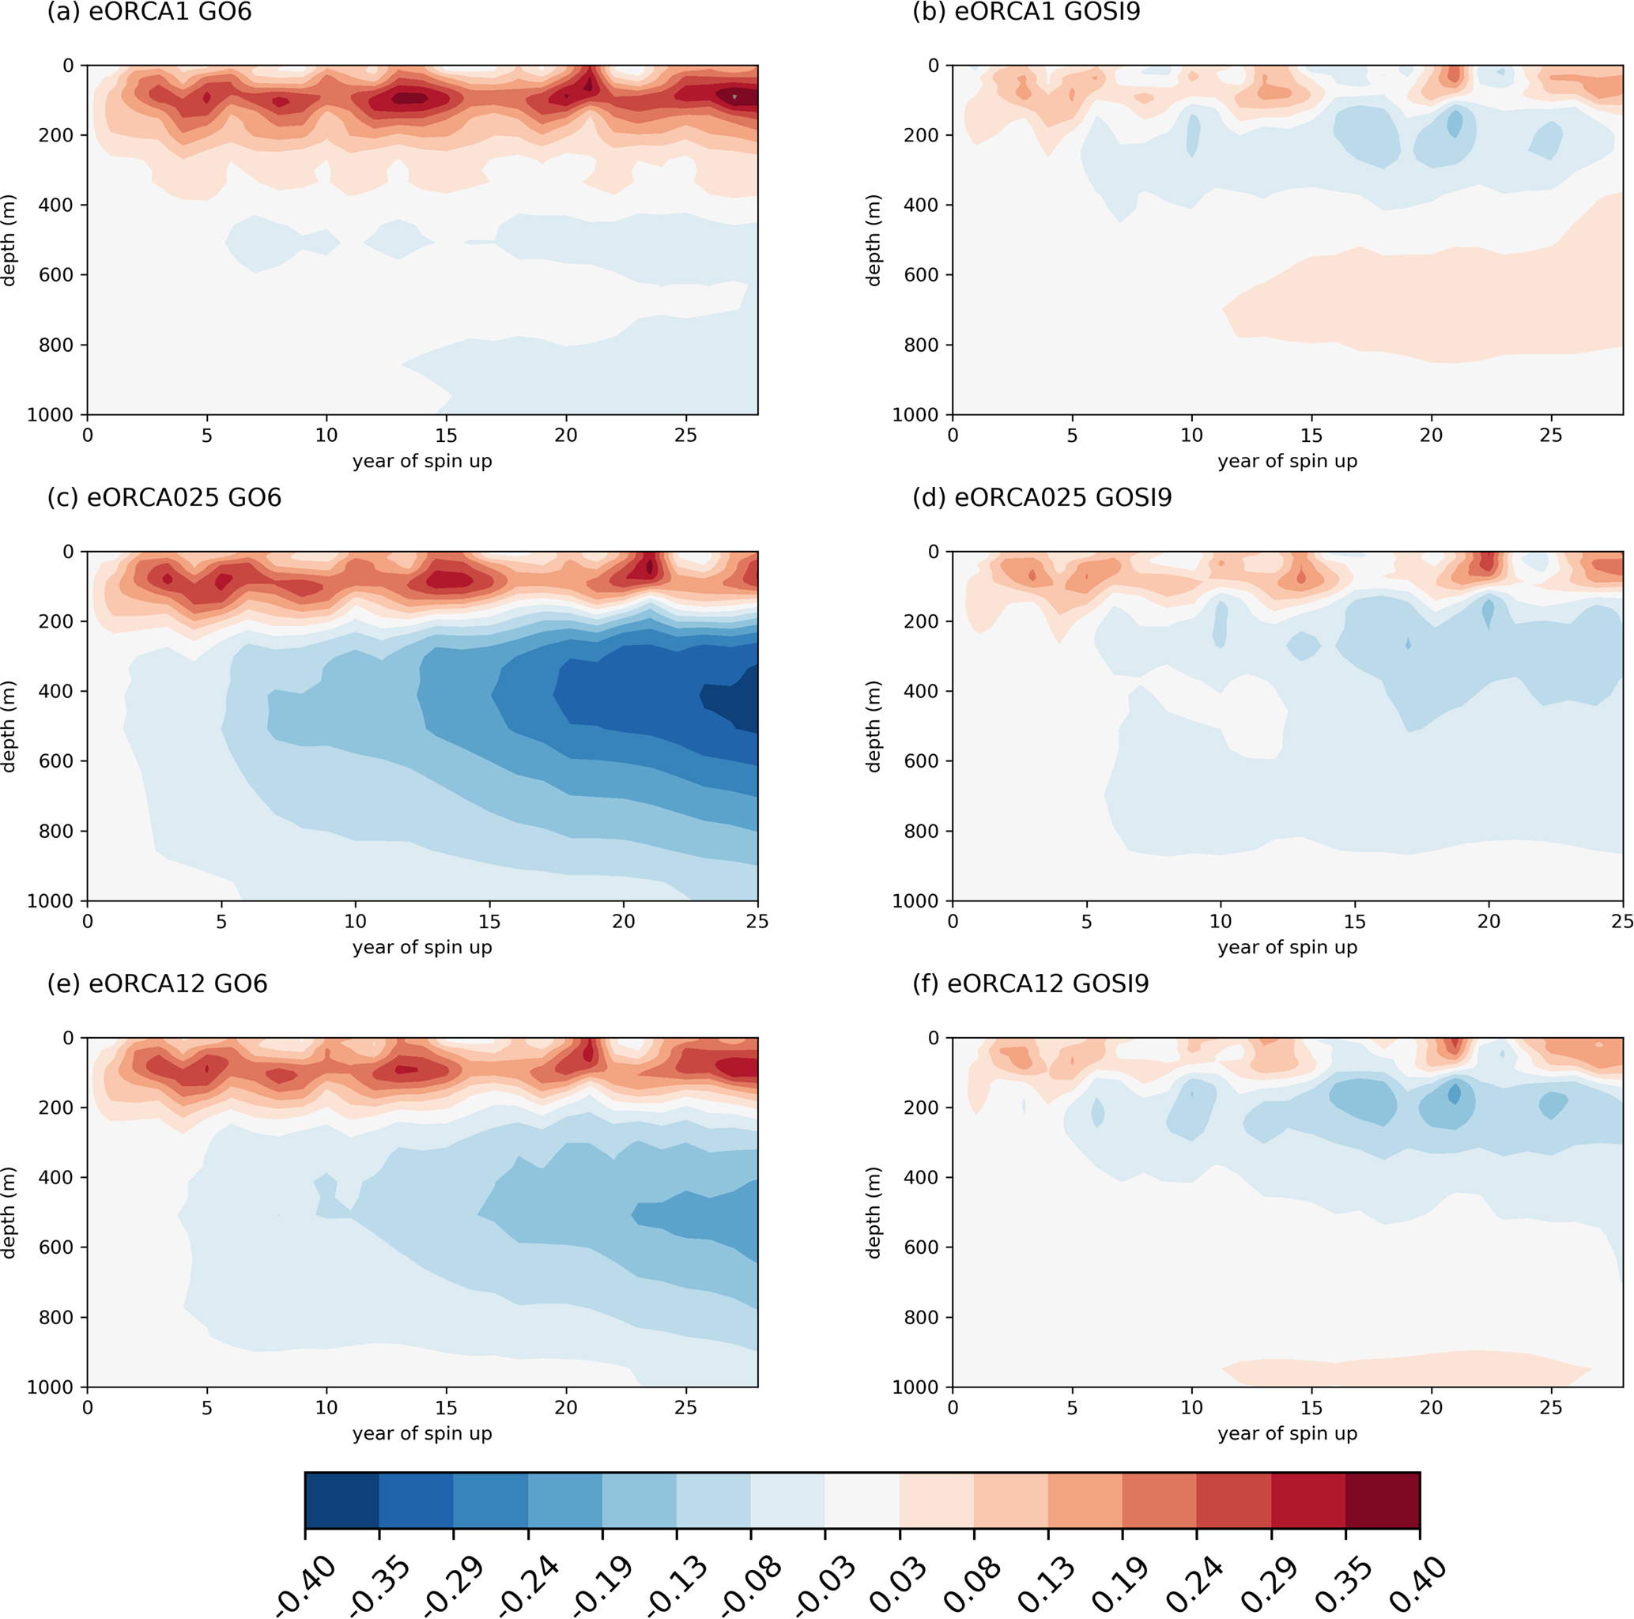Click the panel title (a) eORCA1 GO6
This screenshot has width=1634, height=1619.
(x=149, y=13)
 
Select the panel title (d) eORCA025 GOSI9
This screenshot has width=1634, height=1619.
(x=1041, y=497)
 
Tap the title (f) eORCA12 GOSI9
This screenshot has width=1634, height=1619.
(x=1029, y=983)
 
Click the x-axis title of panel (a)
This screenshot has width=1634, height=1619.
(x=422, y=461)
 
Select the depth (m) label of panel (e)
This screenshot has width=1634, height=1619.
(x=9, y=1212)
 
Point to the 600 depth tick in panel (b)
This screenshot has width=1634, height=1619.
(x=920, y=275)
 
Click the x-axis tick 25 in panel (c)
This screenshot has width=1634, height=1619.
(x=757, y=921)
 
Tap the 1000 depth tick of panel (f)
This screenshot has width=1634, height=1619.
(x=915, y=1387)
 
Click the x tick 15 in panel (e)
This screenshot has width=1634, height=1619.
(x=446, y=1407)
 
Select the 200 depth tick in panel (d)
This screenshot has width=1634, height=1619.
(x=920, y=621)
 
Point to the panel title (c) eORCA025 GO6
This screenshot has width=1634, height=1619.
(x=164, y=497)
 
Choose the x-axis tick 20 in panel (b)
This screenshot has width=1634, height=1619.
(x=1431, y=435)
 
